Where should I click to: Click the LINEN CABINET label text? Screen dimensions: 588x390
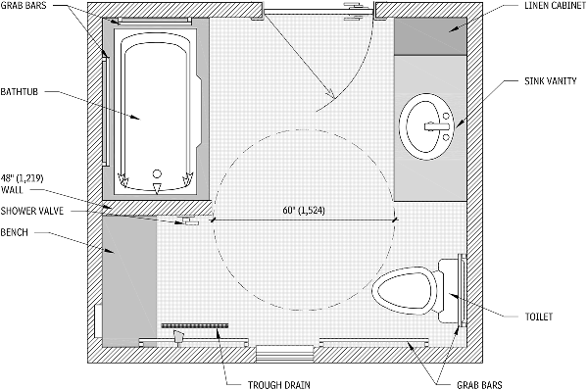pos(555,5)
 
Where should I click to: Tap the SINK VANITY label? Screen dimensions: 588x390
pos(551,80)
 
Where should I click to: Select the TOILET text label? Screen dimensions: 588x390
pos(539,317)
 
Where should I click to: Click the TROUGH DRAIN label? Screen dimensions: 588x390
pos(279,385)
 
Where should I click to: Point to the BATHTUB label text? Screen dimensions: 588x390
pos(20,91)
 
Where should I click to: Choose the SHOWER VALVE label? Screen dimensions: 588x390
pos(32,211)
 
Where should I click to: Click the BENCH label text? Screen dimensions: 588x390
pos(15,232)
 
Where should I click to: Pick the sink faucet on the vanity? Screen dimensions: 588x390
pos(437,126)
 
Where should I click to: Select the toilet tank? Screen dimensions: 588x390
pos(449,291)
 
